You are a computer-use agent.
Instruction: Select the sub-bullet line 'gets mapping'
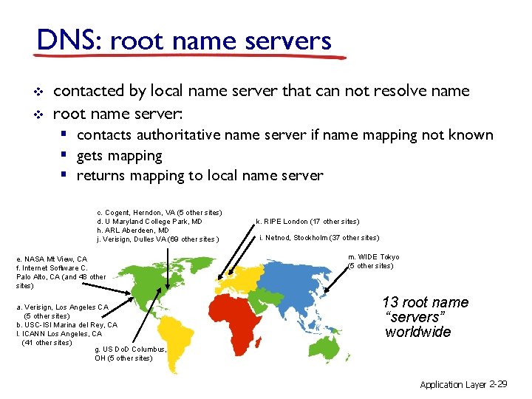[x=119, y=155]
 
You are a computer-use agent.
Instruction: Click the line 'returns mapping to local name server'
[x=199, y=176]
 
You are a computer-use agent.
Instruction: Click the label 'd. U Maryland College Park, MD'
[x=149, y=222]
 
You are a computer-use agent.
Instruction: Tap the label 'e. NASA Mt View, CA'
[x=52, y=259]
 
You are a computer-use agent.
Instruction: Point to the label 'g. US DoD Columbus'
[x=131, y=349]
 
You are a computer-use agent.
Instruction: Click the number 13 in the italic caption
[x=389, y=302]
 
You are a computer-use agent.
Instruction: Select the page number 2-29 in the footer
[x=497, y=385]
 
